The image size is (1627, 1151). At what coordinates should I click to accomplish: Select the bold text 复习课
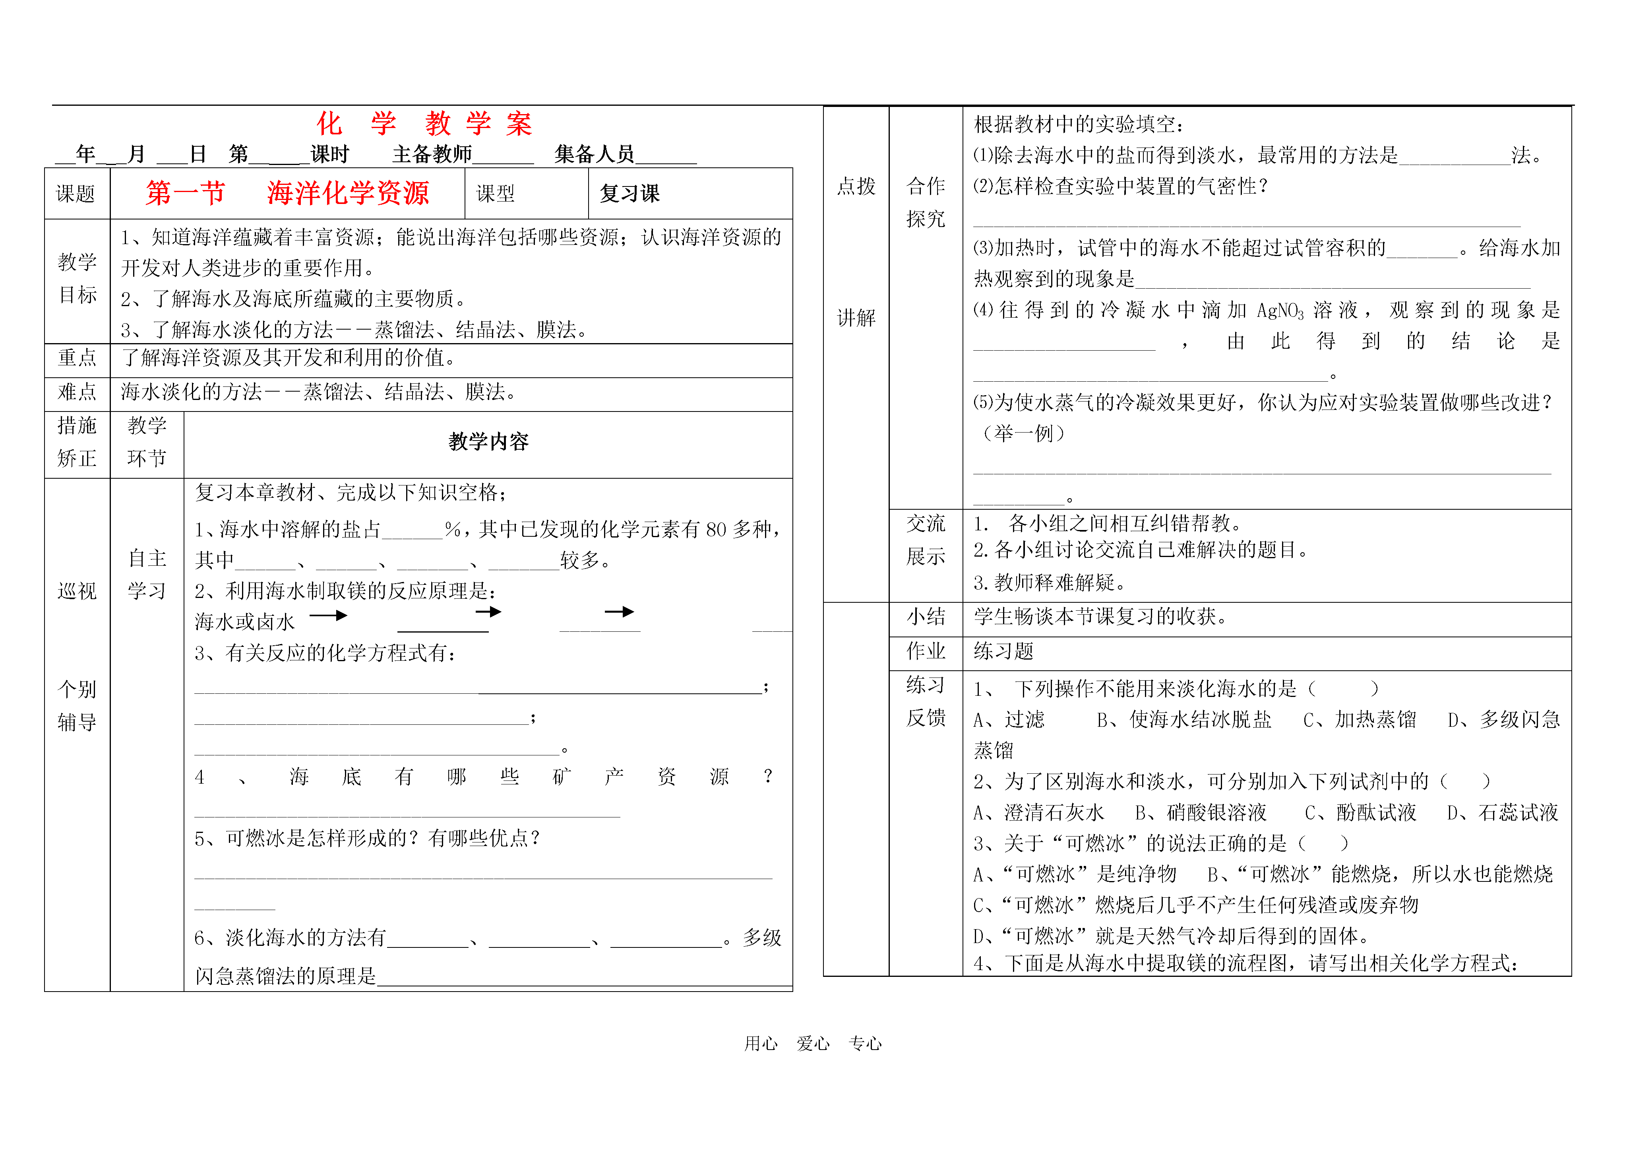629,194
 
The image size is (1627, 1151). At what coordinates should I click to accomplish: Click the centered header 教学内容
488,442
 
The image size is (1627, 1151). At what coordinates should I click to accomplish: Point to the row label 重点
77,358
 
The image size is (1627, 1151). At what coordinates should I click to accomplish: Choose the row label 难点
77,392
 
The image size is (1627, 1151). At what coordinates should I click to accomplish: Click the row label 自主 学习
147,575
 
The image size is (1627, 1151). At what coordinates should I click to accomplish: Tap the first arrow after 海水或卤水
328,615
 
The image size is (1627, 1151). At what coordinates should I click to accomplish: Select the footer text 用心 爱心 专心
813,1043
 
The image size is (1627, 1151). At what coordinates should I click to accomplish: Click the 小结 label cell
926,617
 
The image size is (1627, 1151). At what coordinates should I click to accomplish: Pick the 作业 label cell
926,650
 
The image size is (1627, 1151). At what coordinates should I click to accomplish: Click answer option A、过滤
1008,720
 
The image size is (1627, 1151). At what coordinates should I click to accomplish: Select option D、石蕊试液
1502,812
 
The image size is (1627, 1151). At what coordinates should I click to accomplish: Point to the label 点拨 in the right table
856,186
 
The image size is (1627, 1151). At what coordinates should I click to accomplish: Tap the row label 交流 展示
926,540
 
